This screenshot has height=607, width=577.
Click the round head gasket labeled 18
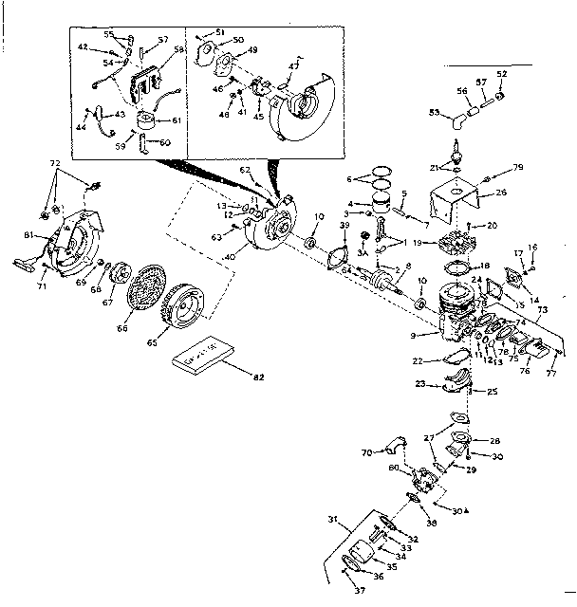click(x=462, y=267)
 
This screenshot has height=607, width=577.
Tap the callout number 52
click(x=502, y=73)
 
